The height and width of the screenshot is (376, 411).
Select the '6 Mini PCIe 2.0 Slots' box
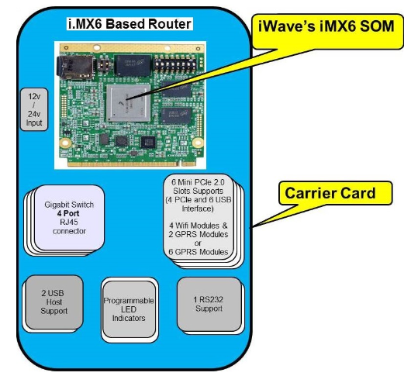(x=201, y=216)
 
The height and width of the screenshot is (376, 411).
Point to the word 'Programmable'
(x=130, y=300)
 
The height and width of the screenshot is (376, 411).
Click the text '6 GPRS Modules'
(x=201, y=252)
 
